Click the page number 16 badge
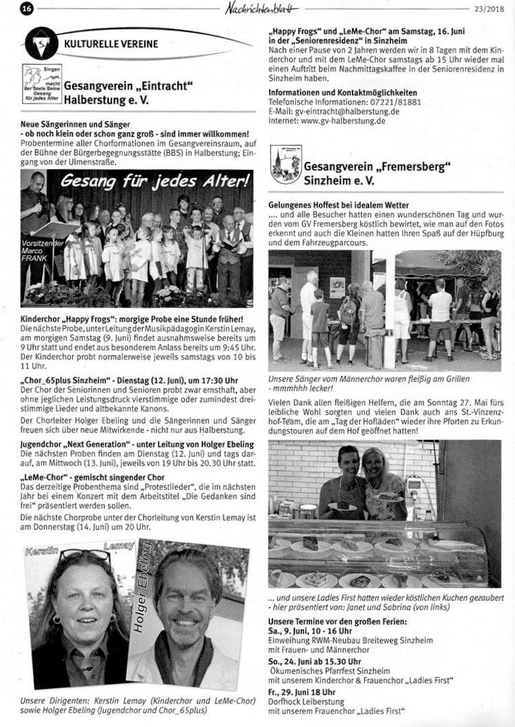coord(27,9)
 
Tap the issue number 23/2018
coord(490,9)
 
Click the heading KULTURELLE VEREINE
coord(111,44)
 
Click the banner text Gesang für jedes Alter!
coord(154,181)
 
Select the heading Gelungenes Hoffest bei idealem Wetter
coord(338,204)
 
